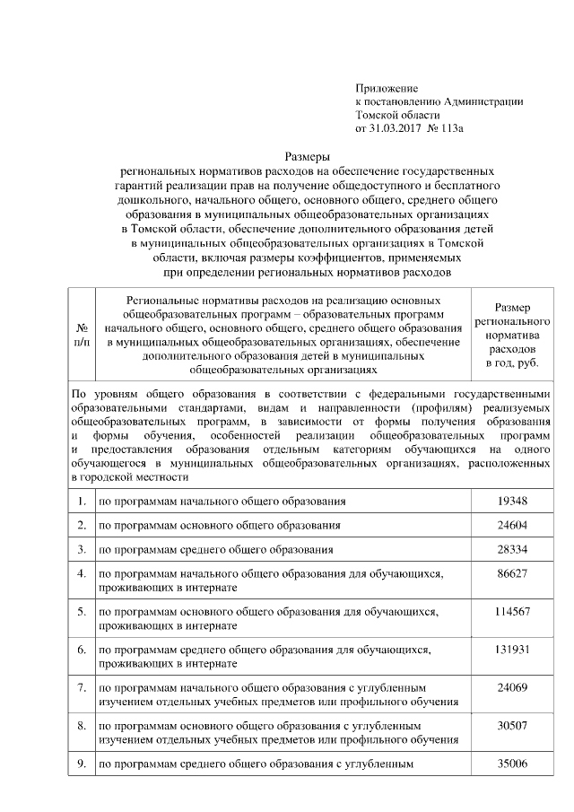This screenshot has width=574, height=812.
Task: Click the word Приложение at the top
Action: [387, 88]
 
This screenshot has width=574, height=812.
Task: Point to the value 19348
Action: [512, 501]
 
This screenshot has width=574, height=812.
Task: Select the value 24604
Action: [512, 525]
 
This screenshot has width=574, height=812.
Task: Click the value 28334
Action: [512, 549]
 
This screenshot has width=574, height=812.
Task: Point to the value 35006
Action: [512, 764]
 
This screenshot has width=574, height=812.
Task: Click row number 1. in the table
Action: [82, 501]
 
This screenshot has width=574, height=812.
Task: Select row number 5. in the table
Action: [82, 611]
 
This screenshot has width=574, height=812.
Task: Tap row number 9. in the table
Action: [82, 764]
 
